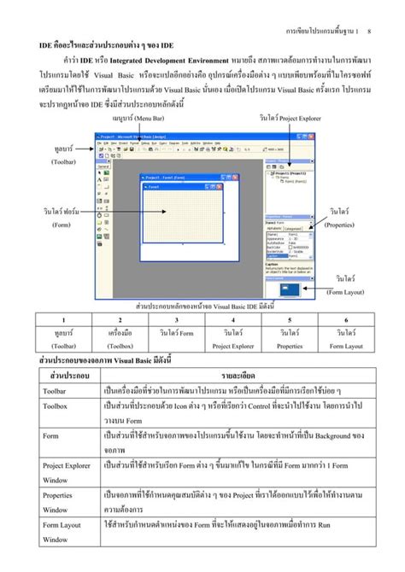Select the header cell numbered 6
coord(346,319)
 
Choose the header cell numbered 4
coord(233,319)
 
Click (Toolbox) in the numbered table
coord(120,346)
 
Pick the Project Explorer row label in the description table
coord(67,466)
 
